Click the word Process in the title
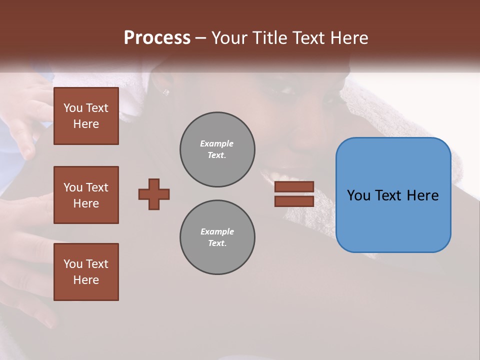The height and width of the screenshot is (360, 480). [x=157, y=37]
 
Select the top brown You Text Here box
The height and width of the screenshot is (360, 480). [x=86, y=116]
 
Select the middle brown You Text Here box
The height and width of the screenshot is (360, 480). [x=86, y=195]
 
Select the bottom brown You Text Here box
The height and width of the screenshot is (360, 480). [x=86, y=272]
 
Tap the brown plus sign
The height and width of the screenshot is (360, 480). [x=154, y=194]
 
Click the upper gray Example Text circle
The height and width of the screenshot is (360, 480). [x=217, y=149]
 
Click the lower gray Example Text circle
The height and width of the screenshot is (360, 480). [x=217, y=237]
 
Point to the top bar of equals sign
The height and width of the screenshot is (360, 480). [x=294, y=186]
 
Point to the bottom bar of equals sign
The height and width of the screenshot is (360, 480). [x=294, y=201]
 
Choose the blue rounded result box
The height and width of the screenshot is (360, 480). [x=393, y=220]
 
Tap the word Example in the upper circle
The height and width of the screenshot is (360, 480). [x=217, y=143]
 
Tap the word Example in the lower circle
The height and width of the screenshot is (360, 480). [x=217, y=231]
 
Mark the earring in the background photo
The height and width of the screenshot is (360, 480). [x=165, y=92]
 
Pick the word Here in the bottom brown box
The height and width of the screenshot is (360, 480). [x=86, y=280]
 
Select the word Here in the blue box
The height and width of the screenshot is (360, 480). [x=422, y=195]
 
